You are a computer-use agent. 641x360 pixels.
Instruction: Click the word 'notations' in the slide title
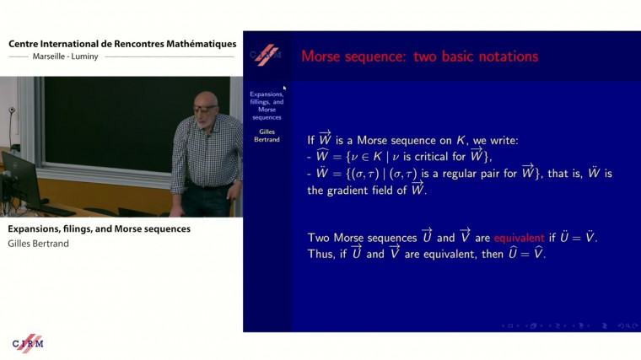pos(499,56)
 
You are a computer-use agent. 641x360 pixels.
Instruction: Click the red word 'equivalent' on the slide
pos(522,238)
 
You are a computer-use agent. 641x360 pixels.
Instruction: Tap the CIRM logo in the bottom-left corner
pos(27,342)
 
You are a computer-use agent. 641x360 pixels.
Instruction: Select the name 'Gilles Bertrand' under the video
pos(39,243)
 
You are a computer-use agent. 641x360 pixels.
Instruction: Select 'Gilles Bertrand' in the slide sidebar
pos(267,135)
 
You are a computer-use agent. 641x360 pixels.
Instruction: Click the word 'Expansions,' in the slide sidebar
pos(267,94)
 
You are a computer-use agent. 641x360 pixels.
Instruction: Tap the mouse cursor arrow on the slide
pos(285,88)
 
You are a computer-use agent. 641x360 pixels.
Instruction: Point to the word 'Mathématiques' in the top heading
pos(193,44)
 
